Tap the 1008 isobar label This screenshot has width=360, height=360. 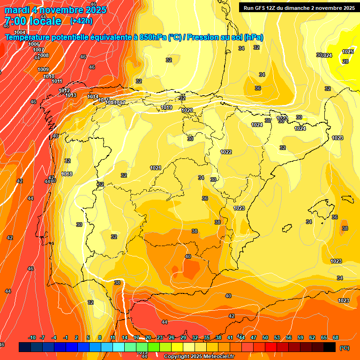[x=43, y=56]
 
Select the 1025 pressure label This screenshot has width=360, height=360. [x=348, y=52]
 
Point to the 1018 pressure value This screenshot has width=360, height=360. [x=67, y=174]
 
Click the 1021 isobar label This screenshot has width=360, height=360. [x=156, y=168]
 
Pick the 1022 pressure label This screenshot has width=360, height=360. [x=226, y=152]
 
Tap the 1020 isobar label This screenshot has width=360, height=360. [x=187, y=110]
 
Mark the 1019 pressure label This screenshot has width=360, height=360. [x=166, y=108]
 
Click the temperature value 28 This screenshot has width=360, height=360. [x=345, y=61]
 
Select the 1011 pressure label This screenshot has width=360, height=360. [x=57, y=82]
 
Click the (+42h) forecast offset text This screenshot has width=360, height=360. [x=81, y=21]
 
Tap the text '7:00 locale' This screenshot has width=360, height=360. [x=32, y=21]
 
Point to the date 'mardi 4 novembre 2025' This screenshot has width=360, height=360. [x=55, y=9]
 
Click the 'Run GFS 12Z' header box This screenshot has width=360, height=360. [x=298, y=7]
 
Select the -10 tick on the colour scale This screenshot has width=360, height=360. [x=32, y=337]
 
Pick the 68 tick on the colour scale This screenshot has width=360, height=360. [x=335, y=337]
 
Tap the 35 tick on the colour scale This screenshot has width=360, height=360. [x=206, y=337]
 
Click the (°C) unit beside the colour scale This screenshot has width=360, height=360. [x=344, y=347]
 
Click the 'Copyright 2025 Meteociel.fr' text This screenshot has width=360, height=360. [x=199, y=357]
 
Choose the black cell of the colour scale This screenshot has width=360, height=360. [x=330, y=347]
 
